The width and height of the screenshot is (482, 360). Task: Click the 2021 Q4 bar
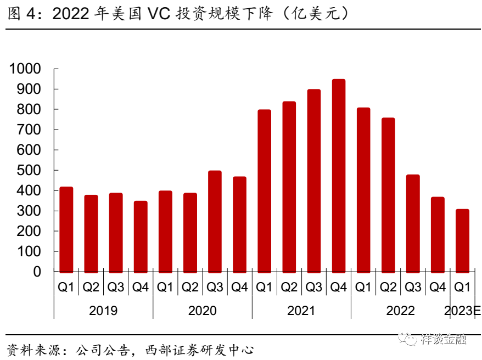[339, 176]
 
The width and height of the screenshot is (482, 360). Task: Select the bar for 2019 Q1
[66, 229]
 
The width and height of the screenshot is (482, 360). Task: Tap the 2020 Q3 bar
[215, 221]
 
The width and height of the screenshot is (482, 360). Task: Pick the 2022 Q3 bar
[413, 223]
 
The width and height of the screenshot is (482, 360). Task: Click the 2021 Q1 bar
[265, 190]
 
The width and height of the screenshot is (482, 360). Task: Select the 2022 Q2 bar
[388, 195]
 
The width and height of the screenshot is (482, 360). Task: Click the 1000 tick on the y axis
[25, 69]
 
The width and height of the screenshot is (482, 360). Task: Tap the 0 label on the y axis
[37, 272]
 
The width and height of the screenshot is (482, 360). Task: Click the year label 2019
[103, 311]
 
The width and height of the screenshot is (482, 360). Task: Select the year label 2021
[301, 311]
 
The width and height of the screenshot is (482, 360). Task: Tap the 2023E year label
[462, 311]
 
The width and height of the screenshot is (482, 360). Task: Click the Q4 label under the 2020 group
[239, 287]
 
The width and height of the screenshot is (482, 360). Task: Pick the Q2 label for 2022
[388, 287]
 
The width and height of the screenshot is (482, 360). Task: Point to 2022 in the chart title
[70, 14]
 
